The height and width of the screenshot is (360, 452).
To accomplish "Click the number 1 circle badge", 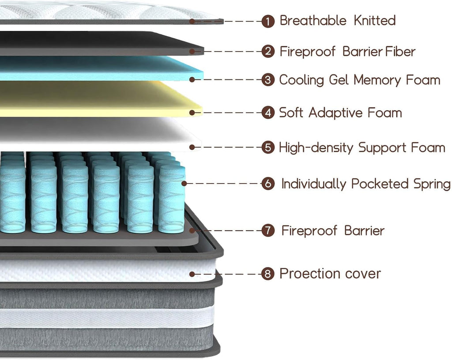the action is point(268,21).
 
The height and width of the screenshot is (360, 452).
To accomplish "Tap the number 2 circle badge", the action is point(268,52).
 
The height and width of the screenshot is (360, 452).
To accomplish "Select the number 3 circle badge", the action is point(268,80).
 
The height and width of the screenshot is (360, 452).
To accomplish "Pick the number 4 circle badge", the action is point(268,112).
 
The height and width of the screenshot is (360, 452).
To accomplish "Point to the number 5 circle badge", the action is point(268,147).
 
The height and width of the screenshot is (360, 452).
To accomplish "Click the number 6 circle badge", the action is point(268,184).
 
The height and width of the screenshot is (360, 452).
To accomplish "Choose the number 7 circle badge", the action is point(268,231).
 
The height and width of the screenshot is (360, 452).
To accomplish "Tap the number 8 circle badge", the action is point(268,274).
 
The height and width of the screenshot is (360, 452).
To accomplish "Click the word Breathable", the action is point(313,20).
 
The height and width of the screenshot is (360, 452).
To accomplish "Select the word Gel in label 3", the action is point(339,80).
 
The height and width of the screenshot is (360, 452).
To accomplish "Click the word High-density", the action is point(316,148).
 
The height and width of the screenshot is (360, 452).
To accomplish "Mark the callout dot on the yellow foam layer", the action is point(192,112).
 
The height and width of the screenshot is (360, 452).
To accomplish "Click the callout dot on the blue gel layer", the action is point(192,79).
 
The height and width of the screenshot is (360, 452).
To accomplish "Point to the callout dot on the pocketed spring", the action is point(184,183).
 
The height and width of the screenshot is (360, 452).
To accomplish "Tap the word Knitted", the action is point(375,20).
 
